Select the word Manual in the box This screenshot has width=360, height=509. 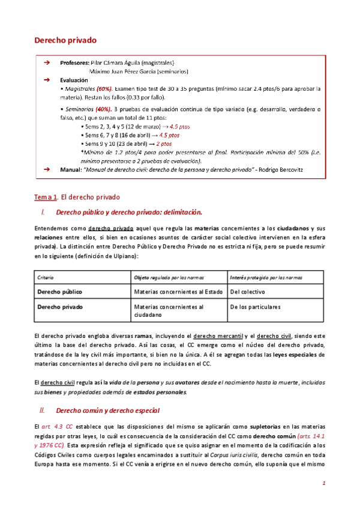[x=71, y=170]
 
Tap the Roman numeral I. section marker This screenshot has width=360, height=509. [x=42, y=212]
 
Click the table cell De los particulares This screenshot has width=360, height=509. [x=255, y=307]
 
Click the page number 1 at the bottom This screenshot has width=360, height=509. [x=324, y=483]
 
